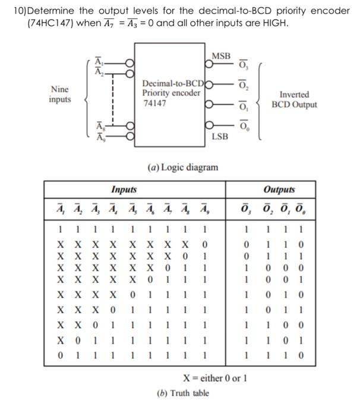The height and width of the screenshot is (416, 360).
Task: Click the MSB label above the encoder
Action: [x=221, y=56]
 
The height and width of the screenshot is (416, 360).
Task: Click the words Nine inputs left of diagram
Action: [x=59, y=94]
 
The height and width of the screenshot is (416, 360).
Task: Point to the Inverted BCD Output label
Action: [x=294, y=100]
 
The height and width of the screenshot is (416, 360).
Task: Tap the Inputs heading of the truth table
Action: [x=124, y=190]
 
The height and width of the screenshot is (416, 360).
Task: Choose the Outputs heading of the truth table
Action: [x=279, y=190]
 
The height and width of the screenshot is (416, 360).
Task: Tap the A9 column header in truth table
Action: [x=204, y=209]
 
